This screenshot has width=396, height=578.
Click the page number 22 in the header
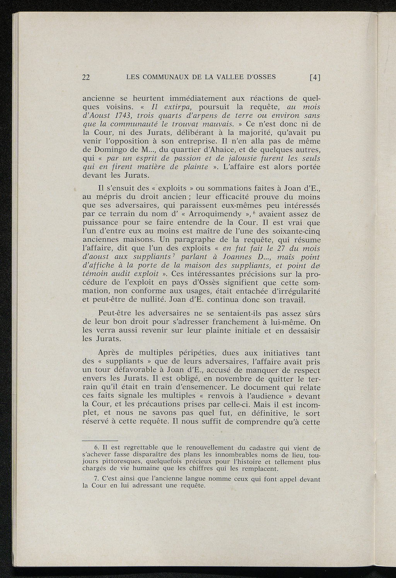(x=86, y=77)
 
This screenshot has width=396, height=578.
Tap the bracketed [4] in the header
(x=316, y=77)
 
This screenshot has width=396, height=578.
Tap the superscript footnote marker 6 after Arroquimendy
(x=255, y=212)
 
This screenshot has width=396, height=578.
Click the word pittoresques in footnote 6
(x=123, y=462)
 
